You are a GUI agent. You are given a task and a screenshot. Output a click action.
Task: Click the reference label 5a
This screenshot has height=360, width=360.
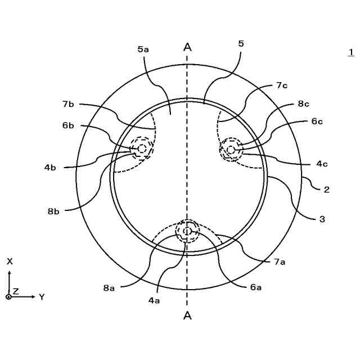pyautogui.click(x=143, y=49)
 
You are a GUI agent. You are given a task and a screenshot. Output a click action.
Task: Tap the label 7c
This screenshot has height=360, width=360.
pyautogui.click(x=282, y=85)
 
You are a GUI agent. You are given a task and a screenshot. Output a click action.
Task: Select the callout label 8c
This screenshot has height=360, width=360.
pyautogui.click(x=304, y=103)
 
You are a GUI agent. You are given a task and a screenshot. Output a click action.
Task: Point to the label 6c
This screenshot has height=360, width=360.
pyautogui.click(x=317, y=121)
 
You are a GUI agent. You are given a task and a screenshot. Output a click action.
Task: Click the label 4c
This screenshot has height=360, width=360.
pyautogui.click(x=322, y=164)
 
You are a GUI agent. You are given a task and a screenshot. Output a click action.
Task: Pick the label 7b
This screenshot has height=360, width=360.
pyautogui.click(x=68, y=104)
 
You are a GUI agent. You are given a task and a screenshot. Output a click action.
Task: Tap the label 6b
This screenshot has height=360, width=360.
pyautogui.click(x=68, y=125)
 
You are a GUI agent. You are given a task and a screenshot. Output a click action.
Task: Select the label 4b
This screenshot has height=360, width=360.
pyautogui.click(x=50, y=168)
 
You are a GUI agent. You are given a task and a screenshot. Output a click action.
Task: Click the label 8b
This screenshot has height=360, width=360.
pyautogui.click(x=53, y=211)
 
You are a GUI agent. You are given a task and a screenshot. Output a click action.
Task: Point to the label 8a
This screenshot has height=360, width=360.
pyautogui.click(x=109, y=287)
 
